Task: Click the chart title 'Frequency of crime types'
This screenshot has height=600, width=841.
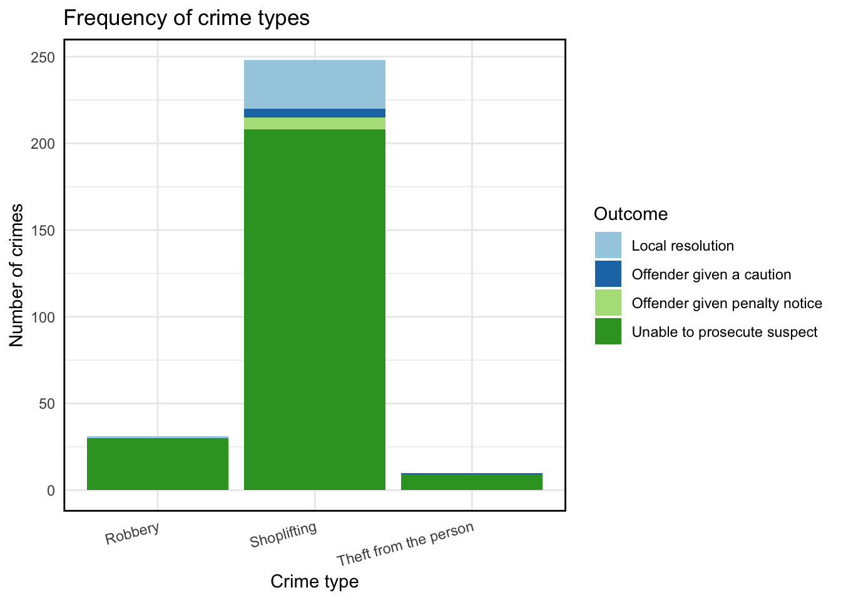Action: pyautogui.click(x=186, y=18)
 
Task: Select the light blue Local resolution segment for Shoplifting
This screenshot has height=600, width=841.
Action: pyautogui.click(x=315, y=84)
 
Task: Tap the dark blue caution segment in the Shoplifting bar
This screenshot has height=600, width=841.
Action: pyautogui.click(x=315, y=113)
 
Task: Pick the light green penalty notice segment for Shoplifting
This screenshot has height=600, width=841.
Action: pyautogui.click(x=315, y=124)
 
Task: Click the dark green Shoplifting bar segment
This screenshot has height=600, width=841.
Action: pyautogui.click(x=315, y=309)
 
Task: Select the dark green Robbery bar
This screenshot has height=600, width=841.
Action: pyautogui.click(x=158, y=464)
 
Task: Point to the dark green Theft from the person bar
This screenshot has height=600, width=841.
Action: pyautogui.click(x=472, y=482)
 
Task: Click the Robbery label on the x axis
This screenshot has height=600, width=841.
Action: pyautogui.click(x=133, y=533)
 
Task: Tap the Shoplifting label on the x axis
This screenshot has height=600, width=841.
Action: pyautogui.click(x=283, y=535)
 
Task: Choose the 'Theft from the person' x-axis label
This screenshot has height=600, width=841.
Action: pyautogui.click(x=405, y=543)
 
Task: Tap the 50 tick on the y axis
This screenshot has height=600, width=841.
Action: pyautogui.click(x=46, y=404)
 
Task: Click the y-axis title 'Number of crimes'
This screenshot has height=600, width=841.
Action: pyautogui.click(x=17, y=275)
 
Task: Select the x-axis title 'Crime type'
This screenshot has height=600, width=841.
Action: pyautogui.click(x=315, y=581)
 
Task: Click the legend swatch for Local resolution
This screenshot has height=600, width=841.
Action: pyautogui.click(x=608, y=246)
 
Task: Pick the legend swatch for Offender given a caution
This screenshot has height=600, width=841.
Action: pyautogui.click(x=608, y=274)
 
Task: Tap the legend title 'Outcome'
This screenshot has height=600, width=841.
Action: pyautogui.click(x=631, y=214)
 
